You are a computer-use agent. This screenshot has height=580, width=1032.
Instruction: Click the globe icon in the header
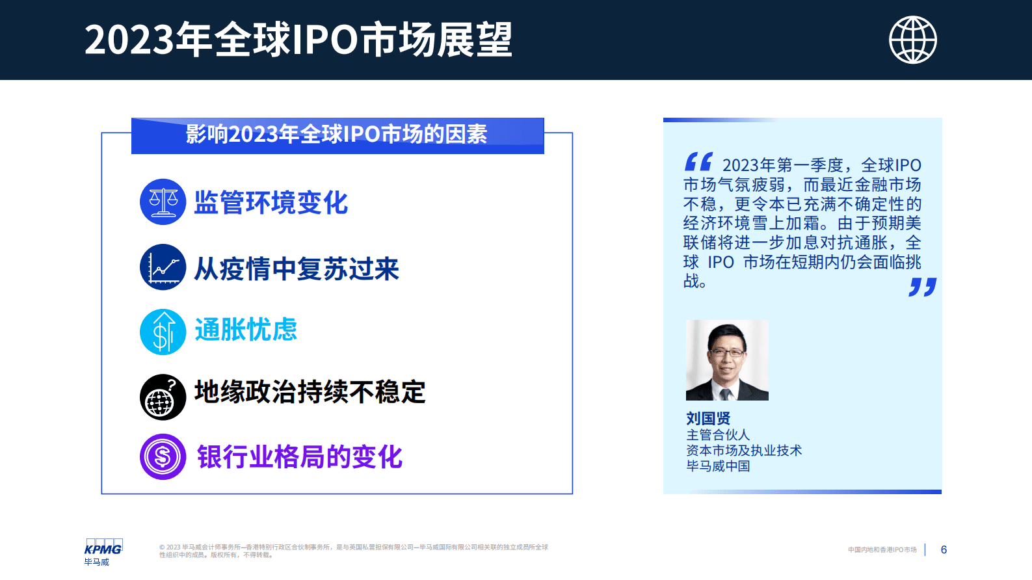[x=912, y=40]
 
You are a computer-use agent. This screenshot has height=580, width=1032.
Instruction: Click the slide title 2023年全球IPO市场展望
[x=298, y=40]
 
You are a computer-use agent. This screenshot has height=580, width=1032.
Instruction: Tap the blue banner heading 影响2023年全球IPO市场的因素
[x=337, y=135]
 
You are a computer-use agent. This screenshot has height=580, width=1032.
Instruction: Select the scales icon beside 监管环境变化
[x=163, y=202]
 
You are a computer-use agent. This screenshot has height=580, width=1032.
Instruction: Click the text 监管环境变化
[x=271, y=203]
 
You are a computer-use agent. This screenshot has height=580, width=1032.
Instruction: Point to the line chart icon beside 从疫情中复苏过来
[x=163, y=267]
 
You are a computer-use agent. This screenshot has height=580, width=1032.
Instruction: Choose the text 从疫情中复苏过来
[x=297, y=269]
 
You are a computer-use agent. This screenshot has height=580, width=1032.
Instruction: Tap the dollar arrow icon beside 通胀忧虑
[x=163, y=332]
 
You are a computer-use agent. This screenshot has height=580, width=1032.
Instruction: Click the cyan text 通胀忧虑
[x=246, y=330]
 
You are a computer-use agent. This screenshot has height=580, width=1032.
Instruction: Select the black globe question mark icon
[x=163, y=397]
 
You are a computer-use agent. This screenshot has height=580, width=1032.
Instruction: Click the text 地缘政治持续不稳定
[x=310, y=392]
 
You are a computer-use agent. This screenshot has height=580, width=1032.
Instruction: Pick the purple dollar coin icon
[x=163, y=456]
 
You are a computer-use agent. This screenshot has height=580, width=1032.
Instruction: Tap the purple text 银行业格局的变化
[x=300, y=457]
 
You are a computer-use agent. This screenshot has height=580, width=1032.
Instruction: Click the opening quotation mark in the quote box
[x=698, y=162]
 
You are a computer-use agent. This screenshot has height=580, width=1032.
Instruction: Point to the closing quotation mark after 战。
[x=922, y=287]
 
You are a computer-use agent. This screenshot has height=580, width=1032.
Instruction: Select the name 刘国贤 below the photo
[x=708, y=418]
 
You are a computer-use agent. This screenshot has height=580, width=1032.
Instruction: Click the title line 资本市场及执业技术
[x=744, y=451]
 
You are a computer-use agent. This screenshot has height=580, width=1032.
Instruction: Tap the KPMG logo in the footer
[x=103, y=548]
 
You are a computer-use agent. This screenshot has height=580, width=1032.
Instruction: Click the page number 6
[x=944, y=550]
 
